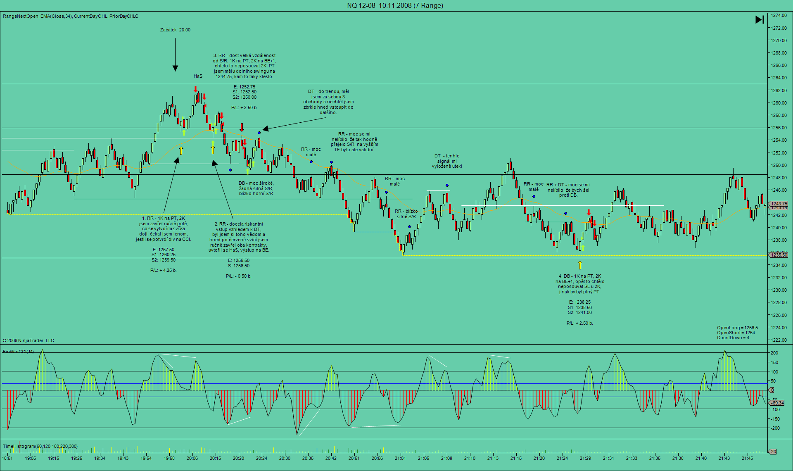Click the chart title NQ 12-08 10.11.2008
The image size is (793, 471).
pos(395,5)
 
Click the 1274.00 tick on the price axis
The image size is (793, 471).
pos(779,15)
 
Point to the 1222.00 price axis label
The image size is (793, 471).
pos(779,340)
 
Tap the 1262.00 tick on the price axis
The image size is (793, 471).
pos(779,90)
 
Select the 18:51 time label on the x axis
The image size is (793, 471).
pos(7,458)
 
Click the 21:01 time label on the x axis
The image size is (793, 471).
pos(400,458)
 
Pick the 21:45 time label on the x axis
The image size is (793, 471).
pos(747,458)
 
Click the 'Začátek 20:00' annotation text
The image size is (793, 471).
pos(175,30)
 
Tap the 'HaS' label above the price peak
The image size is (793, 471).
pos(198,76)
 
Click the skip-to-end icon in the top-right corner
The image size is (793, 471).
pos(759,19)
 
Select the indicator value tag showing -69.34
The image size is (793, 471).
pos(778,403)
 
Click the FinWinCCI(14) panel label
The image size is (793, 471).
pos(19,352)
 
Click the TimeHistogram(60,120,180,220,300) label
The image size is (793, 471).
pos(40,446)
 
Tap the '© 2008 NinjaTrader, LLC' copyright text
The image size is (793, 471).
pos(28,340)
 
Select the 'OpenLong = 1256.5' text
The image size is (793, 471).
pos(737,328)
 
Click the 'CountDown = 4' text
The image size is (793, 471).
pos(733,338)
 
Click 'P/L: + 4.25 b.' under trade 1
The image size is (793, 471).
pos(164,270)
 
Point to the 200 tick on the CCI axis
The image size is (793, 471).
pos(774,353)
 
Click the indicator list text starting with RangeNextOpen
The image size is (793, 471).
pos(71,16)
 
